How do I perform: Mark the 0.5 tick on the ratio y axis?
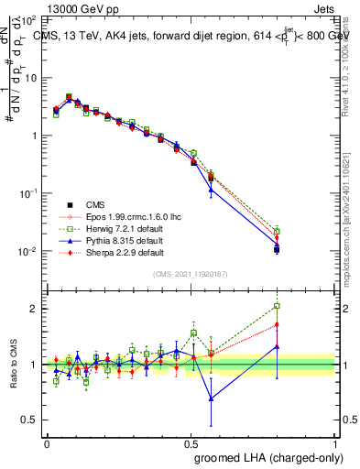pyautogui.click(x=29, y=420)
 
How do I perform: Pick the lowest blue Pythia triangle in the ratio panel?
pyautogui.click(x=212, y=398)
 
